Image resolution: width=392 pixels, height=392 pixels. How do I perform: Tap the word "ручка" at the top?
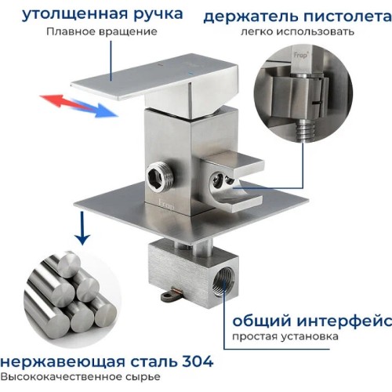tap(158, 15)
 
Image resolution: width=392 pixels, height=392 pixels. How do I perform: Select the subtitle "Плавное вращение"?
tap(102, 32)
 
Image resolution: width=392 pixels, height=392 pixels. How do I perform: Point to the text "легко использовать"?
tap(297, 32)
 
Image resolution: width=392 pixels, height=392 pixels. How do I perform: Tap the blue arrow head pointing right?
tap(106, 111)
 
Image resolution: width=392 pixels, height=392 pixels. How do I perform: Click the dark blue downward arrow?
tap(82, 228)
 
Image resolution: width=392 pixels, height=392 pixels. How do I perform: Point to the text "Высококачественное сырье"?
tap(80, 377)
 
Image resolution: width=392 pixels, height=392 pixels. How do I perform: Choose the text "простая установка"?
tap(285, 336)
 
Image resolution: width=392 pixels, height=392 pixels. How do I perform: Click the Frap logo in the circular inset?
tap(301, 55)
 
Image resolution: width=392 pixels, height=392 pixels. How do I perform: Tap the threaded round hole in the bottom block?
tap(222, 282)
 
